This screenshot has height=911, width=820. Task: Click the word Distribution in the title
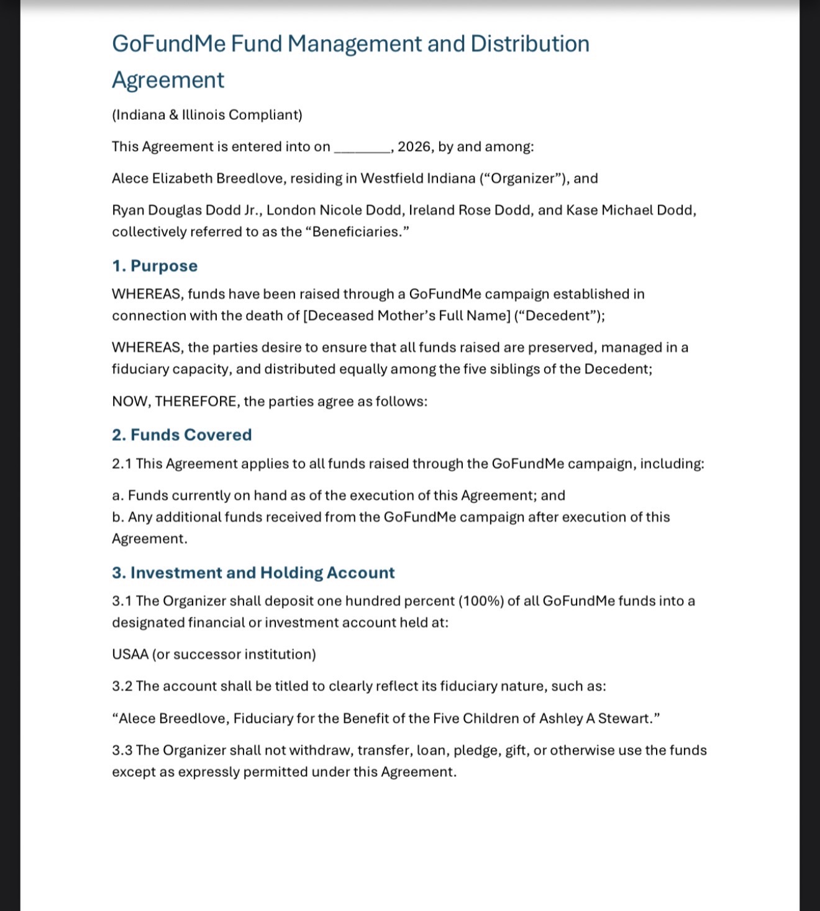pyautogui.click(x=529, y=44)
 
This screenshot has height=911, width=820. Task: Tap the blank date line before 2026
pyautogui.click(x=362, y=148)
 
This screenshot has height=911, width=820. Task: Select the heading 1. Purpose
pyautogui.click(x=155, y=266)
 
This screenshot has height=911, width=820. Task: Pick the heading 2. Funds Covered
pyautogui.click(x=181, y=435)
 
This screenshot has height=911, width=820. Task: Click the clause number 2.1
pyautogui.click(x=122, y=464)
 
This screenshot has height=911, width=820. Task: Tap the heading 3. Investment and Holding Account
pyautogui.click(x=253, y=573)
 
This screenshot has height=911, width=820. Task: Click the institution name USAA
pyautogui.click(x=130, y=655)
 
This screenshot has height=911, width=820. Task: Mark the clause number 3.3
pyautogui.click(x=122, y=750)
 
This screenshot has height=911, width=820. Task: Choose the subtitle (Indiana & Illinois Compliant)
pyautogui.click(x=207, y=115)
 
